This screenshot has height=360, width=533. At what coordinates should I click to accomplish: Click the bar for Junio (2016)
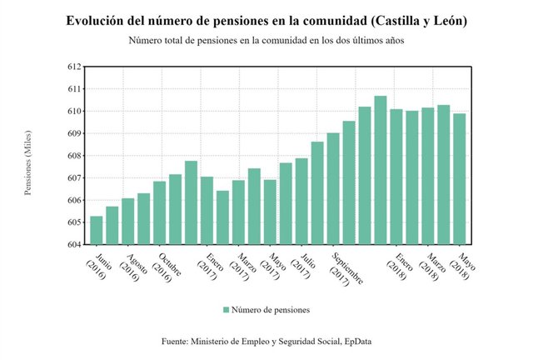(x=97, y=231)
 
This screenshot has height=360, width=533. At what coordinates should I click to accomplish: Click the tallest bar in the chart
(x=380, y=171)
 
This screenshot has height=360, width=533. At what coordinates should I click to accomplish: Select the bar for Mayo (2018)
(x=460, y=179)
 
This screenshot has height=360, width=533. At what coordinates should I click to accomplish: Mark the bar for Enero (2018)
(x=396, y=177)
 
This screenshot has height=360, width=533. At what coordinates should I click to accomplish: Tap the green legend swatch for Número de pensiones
(x=226, y=310)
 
